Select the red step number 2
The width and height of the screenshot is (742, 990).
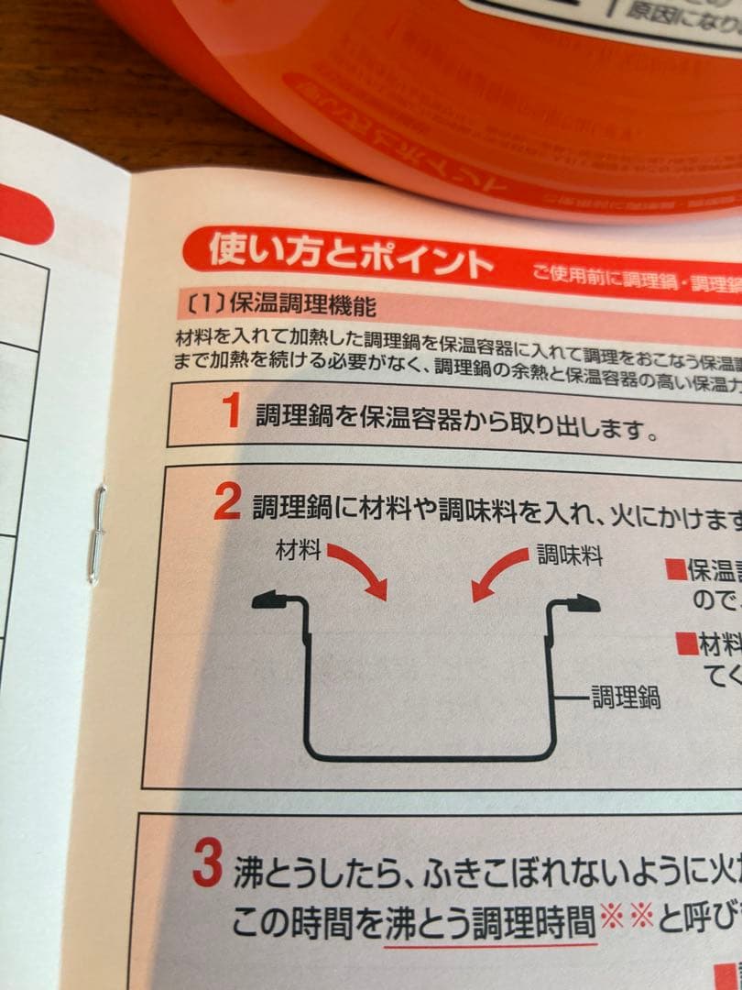(x=226, y=502)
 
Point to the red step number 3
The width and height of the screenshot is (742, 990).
(x=207, y=864)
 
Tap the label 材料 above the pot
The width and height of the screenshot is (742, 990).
(x=298, y=552)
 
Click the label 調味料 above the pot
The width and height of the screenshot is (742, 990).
(x=569, y=555)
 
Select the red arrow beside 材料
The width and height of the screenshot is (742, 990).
(x=359, y=570)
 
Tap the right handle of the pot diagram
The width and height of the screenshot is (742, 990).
(x=574, y=602)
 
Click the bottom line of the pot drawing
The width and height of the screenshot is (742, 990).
(x=431, y=758)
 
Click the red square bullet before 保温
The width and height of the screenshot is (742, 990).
(x=676, y=569)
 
